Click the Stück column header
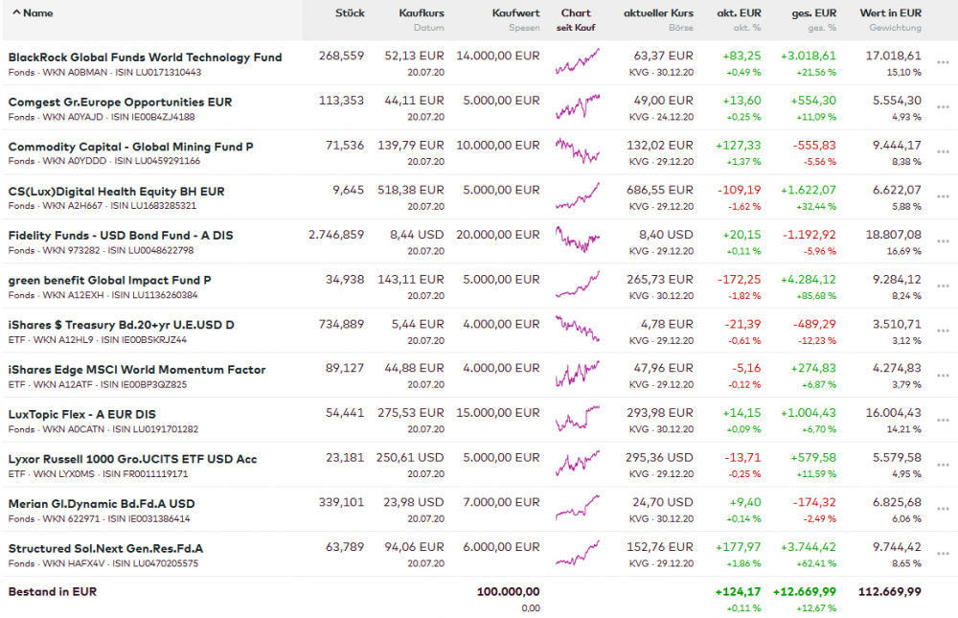(350, 13)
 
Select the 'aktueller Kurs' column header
(658, 13)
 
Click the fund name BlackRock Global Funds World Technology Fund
(145, 57)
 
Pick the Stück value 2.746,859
(336, 235)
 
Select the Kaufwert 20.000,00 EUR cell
(497, 235)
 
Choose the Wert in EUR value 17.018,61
(893, 57)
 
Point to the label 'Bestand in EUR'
(53, 592)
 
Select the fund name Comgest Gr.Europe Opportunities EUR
(120, 102)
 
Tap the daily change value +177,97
(738, 548)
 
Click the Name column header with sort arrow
(33, 13)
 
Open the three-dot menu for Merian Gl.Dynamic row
(944, 509)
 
